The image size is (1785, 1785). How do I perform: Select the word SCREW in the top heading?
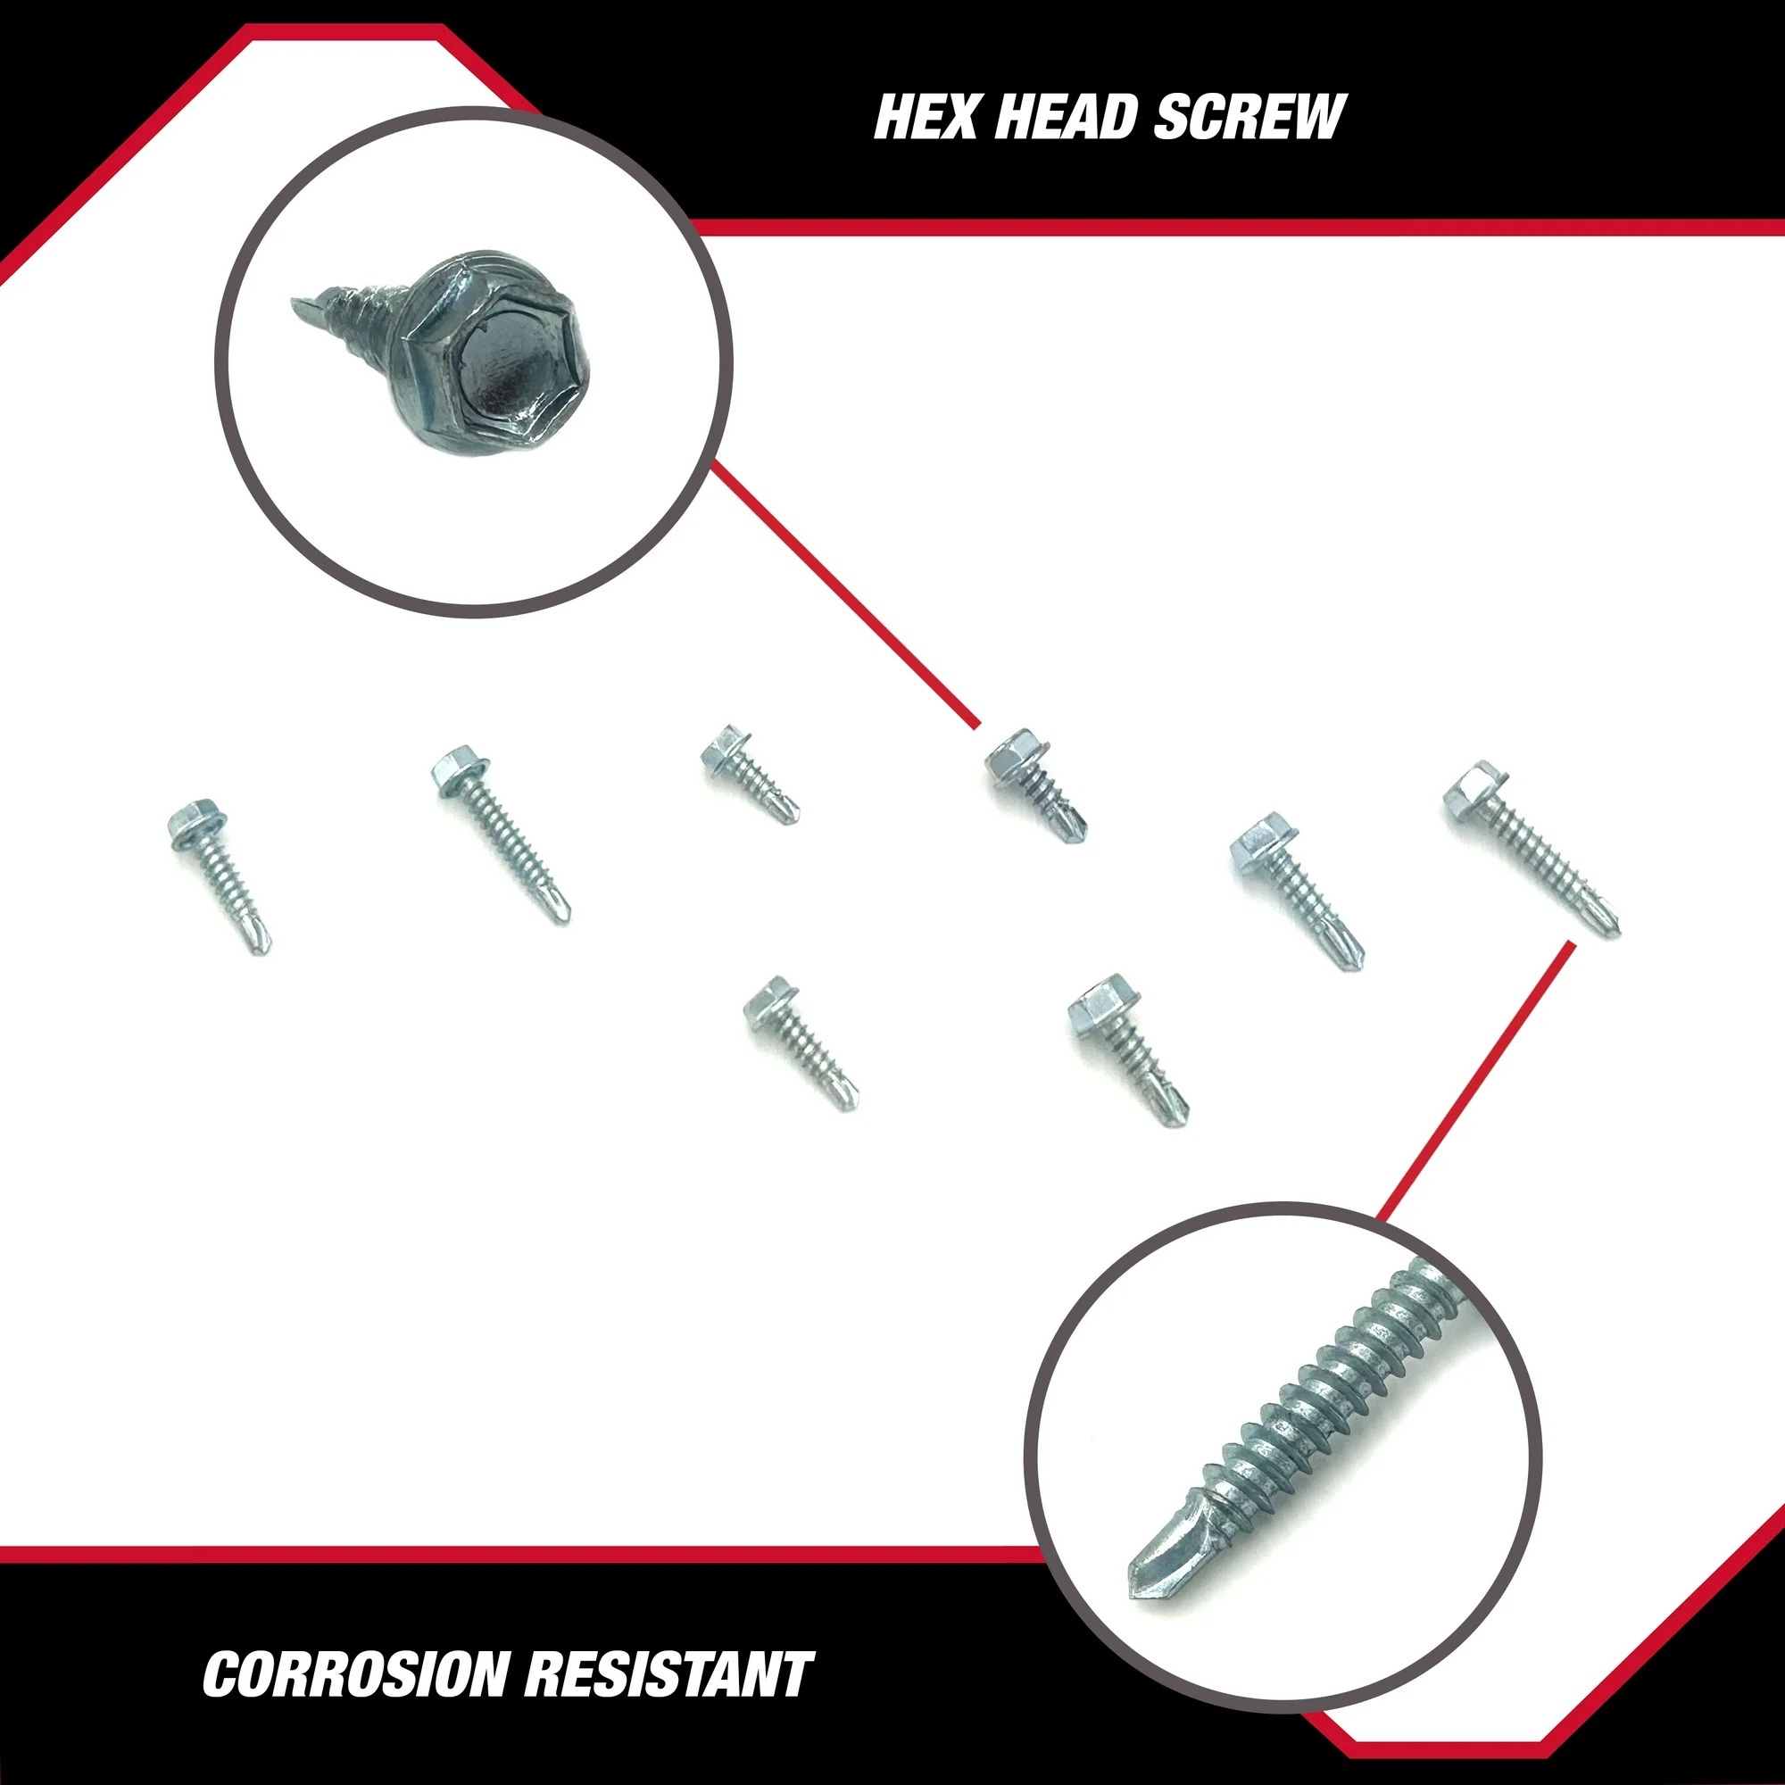click(x=1249, y=116)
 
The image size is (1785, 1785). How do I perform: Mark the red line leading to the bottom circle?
click(x=1474, y=1079)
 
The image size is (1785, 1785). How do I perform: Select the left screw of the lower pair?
click(x=800, y=1042)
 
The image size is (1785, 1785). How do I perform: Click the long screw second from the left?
click(x=500, y=834)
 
